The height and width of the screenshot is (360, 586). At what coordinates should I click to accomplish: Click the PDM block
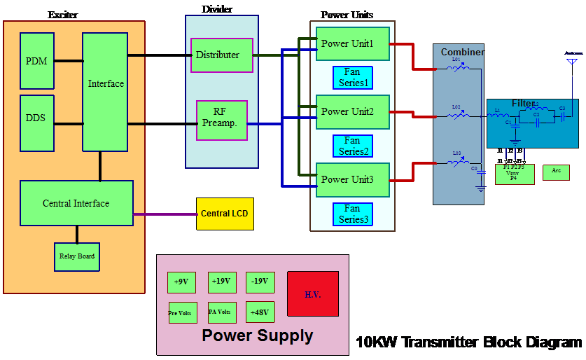[37, 61]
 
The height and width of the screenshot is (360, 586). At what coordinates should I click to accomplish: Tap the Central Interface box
[76, 203]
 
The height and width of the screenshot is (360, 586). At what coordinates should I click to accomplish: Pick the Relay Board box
[77, 256]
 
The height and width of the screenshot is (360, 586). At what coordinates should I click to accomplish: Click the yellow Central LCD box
[225, 213]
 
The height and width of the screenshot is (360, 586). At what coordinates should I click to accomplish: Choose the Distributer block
[221, 55]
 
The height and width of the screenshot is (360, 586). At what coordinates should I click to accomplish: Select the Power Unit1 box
[352, 44]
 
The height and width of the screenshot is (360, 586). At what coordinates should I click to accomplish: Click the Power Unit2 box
[352, 112]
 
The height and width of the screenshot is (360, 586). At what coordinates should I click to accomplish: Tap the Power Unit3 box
[352, 180]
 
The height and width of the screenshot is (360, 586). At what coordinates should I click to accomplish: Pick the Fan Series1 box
[353, 78]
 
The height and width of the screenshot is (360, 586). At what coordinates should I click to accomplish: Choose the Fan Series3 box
[353, 214]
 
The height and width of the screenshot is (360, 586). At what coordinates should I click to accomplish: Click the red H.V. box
[312, 294]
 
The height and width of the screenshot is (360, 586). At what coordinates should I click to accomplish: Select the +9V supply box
[181, 282]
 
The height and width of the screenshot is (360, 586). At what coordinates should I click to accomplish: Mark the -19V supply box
[260, 282]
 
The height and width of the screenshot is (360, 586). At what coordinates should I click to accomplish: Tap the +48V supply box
[260, 312]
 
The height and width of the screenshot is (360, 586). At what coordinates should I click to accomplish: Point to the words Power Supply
[257, 336]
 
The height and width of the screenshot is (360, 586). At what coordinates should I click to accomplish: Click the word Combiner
[462, 53]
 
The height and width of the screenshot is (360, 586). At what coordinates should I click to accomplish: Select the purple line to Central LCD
[165, 214]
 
